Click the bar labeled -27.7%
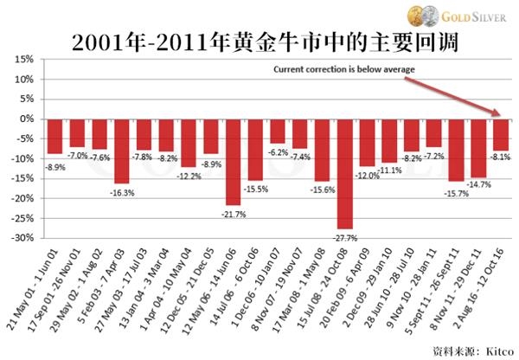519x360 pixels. click(x=344, y=173)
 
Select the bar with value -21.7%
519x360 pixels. click(x=233, y=161)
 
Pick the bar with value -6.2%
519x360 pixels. click(x=278, y=131)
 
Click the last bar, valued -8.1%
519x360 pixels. click(x=501, y=134)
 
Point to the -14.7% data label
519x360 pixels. click(x=478, y=184)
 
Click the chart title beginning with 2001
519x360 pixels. click(x=259, y=41)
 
